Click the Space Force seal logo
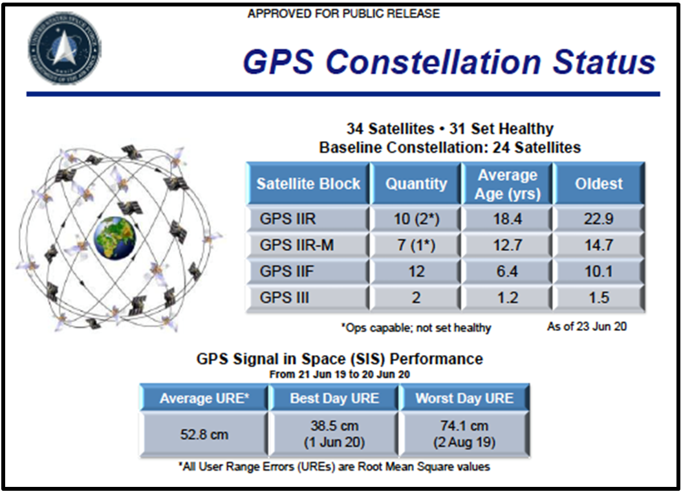click(x=64, y=47)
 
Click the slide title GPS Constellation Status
click(x=449, y=61)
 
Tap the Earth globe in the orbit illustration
click(x=114, y=239)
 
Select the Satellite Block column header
click(x=308, y=184)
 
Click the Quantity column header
click(x=416, y=184)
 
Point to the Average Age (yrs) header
click(x=507, y=184)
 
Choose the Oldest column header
click(x=598, y=184)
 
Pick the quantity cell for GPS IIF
click(x=416, y=272)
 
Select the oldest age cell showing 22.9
click(x=598, y=219)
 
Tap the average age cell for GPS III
click(x=507, y=298)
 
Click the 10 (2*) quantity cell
click(x=416, y=219)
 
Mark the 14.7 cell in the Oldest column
click(x=598, y=245)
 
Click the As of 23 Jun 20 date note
click(x=587, y=327)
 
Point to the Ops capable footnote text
click(x=416, y=328)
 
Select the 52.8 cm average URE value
click(x=204, y=434)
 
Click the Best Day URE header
click(x=334, y=398)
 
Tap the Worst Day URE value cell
click(x=464, y=434)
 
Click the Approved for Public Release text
click(x=343, y=14)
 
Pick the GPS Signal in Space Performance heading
click(x=340, y=359)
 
